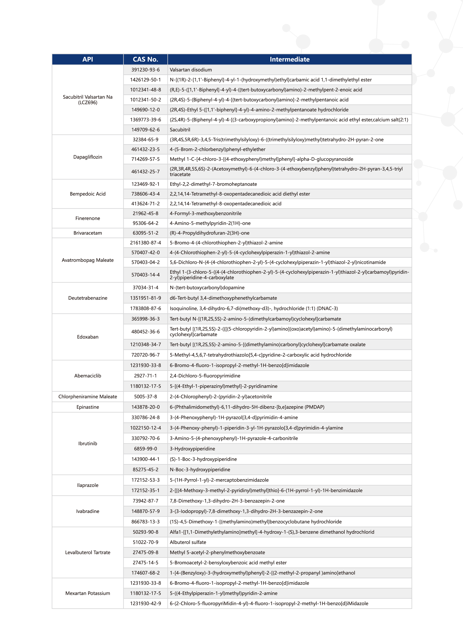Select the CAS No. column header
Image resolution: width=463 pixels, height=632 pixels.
145,59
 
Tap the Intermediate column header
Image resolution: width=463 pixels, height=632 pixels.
289,59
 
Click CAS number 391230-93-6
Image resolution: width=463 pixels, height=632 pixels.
145,70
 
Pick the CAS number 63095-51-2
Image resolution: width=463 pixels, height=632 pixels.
145,233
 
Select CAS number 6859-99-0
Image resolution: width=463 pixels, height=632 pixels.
145,449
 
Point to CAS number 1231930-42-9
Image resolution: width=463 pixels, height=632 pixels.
145,603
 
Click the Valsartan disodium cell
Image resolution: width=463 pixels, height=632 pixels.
191,70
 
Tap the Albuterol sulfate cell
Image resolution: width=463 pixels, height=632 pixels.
188,542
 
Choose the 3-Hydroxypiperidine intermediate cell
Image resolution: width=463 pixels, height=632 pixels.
192,449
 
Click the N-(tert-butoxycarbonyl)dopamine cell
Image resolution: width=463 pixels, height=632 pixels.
207,288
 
